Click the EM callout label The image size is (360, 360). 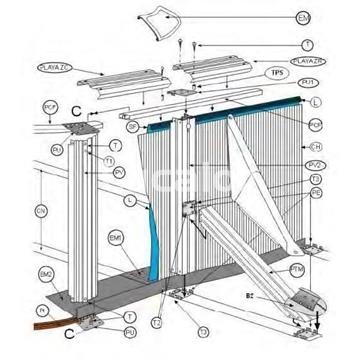pos(331,19)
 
